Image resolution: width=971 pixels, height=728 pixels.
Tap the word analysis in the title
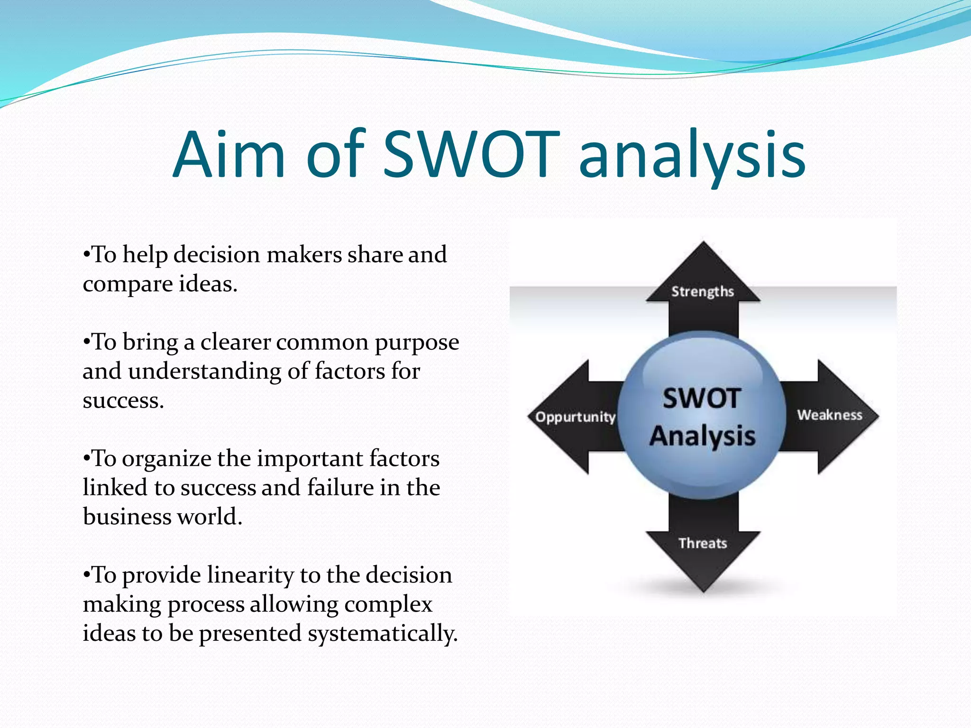[x=692, y=156]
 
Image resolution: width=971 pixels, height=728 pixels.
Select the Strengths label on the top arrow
[x=702, y=291]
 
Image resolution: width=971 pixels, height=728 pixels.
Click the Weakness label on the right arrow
[x=829, y=415]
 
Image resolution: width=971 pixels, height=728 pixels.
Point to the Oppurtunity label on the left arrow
[x=575, y=417]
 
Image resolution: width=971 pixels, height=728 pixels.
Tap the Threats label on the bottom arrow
[x=702, y=543]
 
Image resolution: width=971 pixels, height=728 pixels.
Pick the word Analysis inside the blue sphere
[x=702, y=436]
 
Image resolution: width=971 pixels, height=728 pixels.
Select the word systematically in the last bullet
[x=382, y=634]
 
